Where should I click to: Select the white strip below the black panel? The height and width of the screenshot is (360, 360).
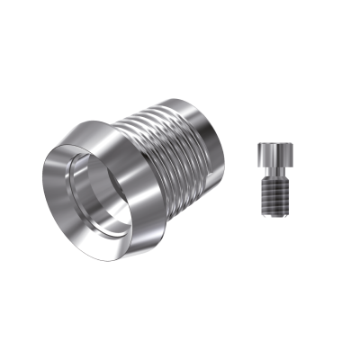180,324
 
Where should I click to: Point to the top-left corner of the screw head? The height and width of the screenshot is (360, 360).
257,143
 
